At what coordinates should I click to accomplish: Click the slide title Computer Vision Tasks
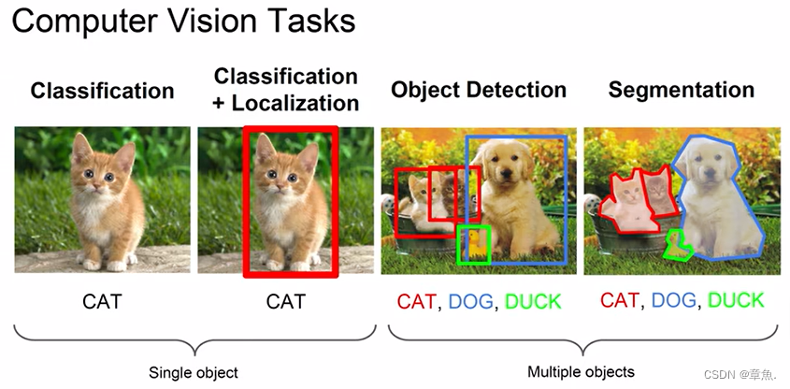tap(177, 22)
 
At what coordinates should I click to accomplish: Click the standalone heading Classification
tap(102, 91)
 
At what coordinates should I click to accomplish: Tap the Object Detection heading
tap(479, 90)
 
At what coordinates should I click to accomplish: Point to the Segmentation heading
tap(681, 90)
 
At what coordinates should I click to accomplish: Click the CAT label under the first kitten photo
tap(101, 301)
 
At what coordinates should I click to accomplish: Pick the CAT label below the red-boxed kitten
tap(285, 301)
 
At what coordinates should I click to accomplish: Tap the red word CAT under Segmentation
tap(619, 300)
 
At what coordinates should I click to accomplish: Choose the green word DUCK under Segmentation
tap(736, 300)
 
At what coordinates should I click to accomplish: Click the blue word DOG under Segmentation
tap(674, 300)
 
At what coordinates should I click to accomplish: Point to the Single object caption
tap(194, 372)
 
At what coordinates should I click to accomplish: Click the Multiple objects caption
tap(581, 371)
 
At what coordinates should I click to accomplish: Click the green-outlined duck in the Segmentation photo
tap(676, 245)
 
